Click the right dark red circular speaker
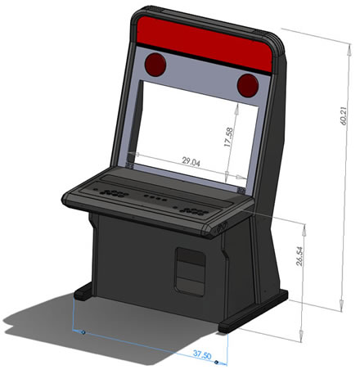(248, 83)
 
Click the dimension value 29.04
(191, 161)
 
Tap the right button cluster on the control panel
(194, 210)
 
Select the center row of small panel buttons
(152, 199)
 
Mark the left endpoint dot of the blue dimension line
(82, 331)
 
